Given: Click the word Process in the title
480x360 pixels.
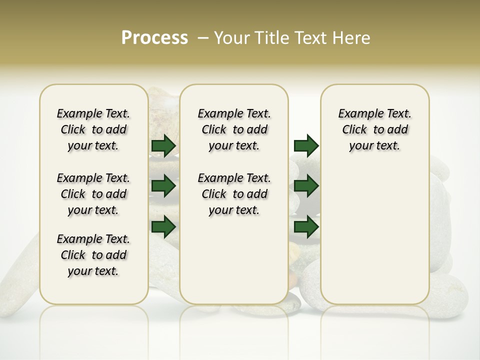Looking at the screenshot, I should tap(154, 38).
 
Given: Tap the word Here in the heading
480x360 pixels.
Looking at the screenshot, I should tap(352, 38).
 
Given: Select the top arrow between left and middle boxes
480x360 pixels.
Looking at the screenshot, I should tap(163, 145).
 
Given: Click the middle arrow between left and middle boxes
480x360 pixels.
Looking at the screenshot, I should tap(163, 186).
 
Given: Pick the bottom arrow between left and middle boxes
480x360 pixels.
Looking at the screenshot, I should tap(163, 226).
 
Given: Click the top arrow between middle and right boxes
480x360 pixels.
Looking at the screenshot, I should tap(306, 145).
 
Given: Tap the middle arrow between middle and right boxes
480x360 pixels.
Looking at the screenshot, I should tap(306, 186).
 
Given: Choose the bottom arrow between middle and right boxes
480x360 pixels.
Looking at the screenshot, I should tap(306, 226).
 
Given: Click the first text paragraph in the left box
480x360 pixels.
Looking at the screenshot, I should tap(93, 129).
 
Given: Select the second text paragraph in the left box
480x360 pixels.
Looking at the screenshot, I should tap(93, 194).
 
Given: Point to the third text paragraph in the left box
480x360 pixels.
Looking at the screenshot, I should tap(93, 255).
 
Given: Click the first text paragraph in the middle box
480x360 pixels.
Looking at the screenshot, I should tap(234, 129).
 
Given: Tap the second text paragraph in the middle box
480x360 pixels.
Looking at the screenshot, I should tap(234, 194).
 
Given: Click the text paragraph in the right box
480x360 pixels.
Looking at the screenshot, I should tap(374, 129).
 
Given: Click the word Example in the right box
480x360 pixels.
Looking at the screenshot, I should tap(357, 114).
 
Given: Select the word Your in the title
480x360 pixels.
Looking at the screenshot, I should tap(232, 38).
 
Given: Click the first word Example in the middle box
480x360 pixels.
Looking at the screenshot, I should tap(216, 114).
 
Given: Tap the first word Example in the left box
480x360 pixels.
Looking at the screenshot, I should tap(75, 114).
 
